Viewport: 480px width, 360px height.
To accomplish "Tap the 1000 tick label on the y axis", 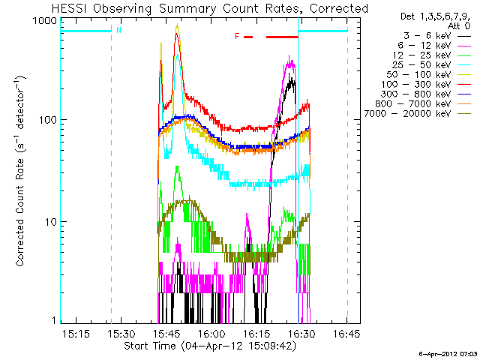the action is [45, 21].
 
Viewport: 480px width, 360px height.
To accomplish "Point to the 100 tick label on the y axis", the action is [48, 119].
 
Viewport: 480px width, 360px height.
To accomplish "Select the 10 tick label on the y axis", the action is [51, 222].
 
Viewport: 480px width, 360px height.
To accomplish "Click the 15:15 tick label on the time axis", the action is [76, 333].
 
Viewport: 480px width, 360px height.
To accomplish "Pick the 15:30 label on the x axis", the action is [121, 333].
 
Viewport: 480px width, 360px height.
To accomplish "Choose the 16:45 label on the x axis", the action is [346, 333].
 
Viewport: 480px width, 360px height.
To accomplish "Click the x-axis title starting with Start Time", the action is [210, 346].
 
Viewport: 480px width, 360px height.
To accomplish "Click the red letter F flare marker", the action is [237, 37].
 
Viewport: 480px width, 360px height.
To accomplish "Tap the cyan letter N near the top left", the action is [118, 30].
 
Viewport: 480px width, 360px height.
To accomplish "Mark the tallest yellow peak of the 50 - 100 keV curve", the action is [177, 25].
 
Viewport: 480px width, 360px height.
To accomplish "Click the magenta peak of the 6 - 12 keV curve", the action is [289, 56].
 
